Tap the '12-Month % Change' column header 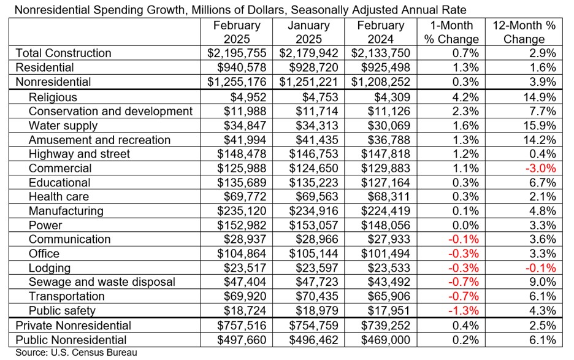click(523, 33)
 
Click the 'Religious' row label click(53, 97)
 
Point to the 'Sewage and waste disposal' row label click(102, 282)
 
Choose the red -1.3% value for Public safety click(462, 310)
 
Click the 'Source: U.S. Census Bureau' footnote click(69, 353)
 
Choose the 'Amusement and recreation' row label click(99, 140)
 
